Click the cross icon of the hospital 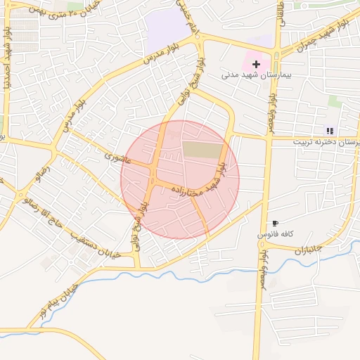pos(255,65)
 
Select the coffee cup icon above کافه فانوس pos(274,223)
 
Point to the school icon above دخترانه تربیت pos(330,131)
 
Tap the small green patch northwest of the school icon pos(335,102)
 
